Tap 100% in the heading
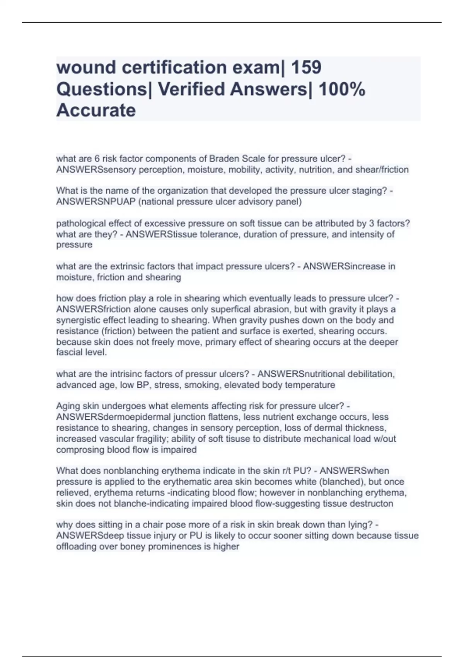[341, 89]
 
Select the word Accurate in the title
[96, 110]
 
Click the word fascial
[67, 352]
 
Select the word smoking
[203, 385]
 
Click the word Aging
[67, 406]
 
